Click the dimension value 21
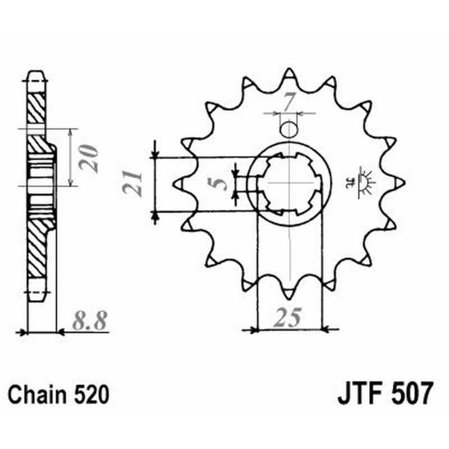coord(134,183)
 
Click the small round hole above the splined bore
coord(288,130)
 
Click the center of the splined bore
coord(288,183)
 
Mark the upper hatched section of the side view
coord(36,109)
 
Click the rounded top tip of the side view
coord(35,73)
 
